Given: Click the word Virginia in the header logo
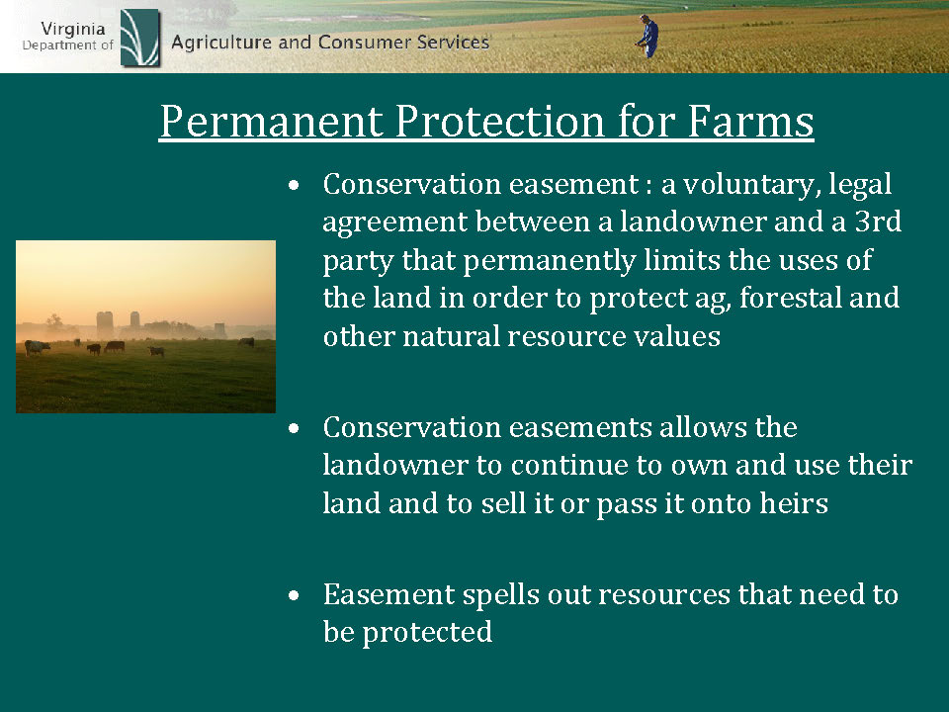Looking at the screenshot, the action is (x=72, y=30).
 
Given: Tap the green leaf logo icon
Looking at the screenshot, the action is (x=139, y=38).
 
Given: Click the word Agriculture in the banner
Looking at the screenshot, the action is (x=221, y=43).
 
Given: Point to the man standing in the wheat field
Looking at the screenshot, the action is (x=647, y=37).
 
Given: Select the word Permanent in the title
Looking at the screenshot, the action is (x=272, y=121).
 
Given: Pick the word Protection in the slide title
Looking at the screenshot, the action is (x=501, y=121).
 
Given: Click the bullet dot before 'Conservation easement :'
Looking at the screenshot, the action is (x=295, y=185).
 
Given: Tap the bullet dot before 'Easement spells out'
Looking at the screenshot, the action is (x=295, y=595).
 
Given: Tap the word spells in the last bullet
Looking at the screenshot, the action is (x=501, y=595).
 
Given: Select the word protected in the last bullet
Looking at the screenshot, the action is (x=427, y=633).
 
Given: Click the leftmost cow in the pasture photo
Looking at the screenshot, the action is (x=37, y=347).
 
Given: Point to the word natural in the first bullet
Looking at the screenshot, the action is (x=451, y=336).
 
